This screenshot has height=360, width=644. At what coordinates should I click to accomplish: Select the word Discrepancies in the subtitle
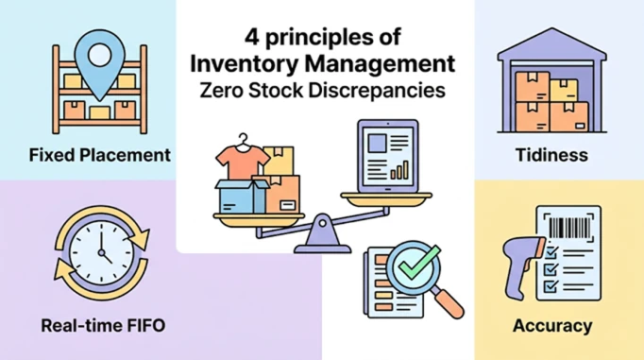tap(377, 91)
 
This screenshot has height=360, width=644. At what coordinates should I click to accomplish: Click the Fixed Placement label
tap(100, 155)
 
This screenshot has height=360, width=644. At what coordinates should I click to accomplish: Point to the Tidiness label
tap(551, 155)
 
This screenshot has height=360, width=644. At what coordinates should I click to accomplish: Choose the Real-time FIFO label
tap(103, 325)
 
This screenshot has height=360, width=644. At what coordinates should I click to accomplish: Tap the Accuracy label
tap(552, 326)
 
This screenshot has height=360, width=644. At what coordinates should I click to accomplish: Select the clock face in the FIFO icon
tap(101, 252)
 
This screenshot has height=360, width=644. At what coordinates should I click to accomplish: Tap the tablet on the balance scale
tap(388, 156)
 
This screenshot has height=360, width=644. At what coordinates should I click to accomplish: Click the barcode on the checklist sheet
tap(569, 228)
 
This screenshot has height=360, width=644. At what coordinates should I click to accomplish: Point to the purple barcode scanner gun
tap(520, 263)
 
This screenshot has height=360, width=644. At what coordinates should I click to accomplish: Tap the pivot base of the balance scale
tap(323, 236)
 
